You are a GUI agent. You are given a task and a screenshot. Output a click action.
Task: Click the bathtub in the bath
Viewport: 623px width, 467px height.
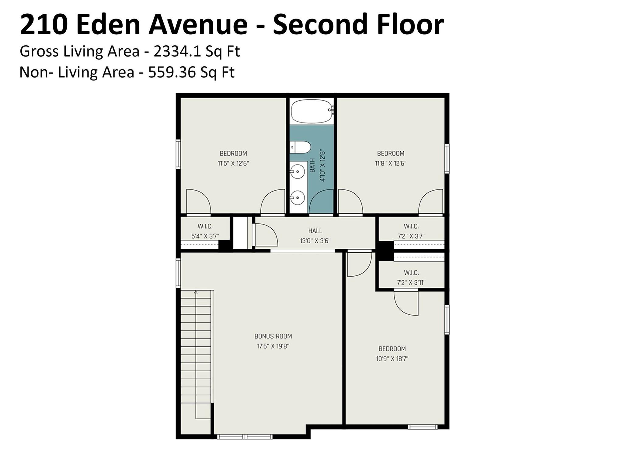pyautogui.click(x=311, y=112)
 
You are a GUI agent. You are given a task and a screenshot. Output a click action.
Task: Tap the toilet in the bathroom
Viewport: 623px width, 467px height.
pyautogui.click(x=300, y=147)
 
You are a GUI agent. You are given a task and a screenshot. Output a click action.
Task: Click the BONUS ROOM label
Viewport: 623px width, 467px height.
pyautogui.click(x=273, y=336)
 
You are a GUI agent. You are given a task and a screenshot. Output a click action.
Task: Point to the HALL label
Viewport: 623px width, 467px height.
pyautogui.click(x=315, y=231)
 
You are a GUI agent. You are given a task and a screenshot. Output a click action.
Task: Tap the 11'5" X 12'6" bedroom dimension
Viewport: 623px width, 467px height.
pyautogui.click(x=233, y=164)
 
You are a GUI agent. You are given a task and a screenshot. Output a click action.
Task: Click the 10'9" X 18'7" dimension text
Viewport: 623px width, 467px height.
pyautogui.click(x=392, y=359)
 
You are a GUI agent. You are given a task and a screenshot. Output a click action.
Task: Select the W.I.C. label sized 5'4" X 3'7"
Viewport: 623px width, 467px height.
pyautogui.click(x=205, y=227)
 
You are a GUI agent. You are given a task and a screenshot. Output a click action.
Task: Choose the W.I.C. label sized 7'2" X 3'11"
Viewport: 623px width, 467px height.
pyautogui.click(x=411, y=273)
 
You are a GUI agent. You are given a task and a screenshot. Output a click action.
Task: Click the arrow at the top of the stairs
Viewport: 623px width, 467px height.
pyautogui.click(x=196, y=292)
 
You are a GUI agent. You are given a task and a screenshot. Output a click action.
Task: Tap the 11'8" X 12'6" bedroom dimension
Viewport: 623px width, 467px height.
pyautogui.click(x=390, y=164)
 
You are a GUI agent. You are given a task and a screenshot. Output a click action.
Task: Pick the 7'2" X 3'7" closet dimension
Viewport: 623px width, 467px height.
pyautogui.click(x=411, y=236)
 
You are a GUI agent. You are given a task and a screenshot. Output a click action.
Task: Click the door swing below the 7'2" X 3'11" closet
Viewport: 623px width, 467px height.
pyautogui.click(x=406, y=304)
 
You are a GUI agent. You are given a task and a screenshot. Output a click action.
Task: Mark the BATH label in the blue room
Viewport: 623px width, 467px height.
pyautogui.click(x=312, y=165)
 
